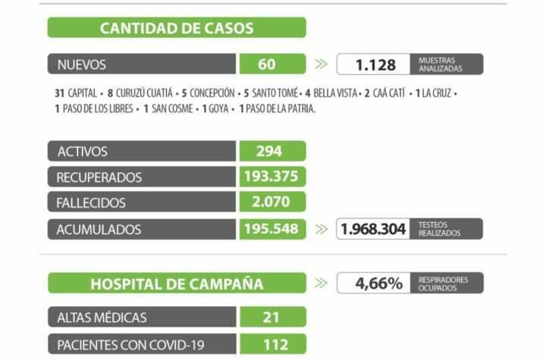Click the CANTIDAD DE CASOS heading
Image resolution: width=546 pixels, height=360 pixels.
[x=177, y=29]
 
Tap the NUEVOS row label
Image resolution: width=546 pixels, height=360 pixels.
[x=82, y=64]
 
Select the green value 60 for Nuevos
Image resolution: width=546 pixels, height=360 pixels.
[x=267, y=64]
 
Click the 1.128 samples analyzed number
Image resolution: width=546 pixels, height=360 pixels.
[x=375, y=64]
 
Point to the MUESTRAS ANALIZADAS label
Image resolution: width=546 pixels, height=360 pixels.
[x=440, y=64]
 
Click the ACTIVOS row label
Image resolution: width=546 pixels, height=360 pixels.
[x=83, y=152]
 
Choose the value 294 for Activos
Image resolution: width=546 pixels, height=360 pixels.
[x=269, y=152]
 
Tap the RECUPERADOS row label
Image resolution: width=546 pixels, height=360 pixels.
[x=99, y=177]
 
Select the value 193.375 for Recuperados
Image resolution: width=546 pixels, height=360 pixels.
[x=272, y=177]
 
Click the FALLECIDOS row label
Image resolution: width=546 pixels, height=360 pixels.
[x=91, y=203]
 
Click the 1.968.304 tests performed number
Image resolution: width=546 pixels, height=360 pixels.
[x=374, y=229]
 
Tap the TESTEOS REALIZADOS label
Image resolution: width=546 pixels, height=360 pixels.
[x=439, y=229]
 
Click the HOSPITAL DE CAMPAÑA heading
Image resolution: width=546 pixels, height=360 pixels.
[x=177, y=284]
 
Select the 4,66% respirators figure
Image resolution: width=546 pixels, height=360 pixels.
[x=378, y=283]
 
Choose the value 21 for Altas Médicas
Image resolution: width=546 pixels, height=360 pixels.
[x=271, y=318]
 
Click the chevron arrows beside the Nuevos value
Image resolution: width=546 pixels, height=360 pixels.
[x=322, y=64]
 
